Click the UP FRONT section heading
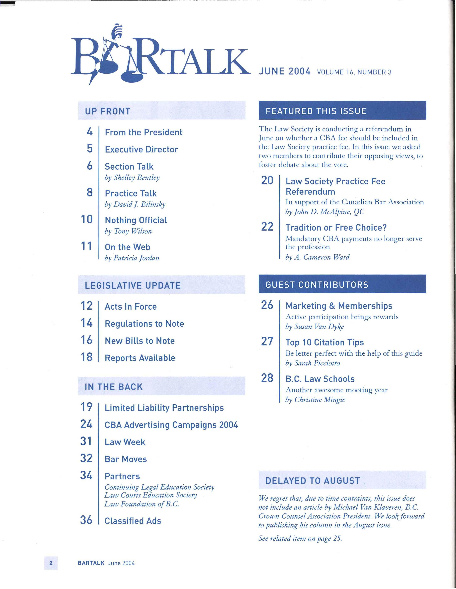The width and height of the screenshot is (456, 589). [x=107, y=111]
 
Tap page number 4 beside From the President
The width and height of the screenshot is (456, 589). [x=90, y=132]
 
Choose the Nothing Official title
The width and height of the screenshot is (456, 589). [x=136, y=220]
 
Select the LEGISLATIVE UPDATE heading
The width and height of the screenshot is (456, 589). [x=132, y=285]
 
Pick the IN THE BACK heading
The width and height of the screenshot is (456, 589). [x=113, y=387]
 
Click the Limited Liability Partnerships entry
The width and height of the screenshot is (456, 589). [x=164, y=408]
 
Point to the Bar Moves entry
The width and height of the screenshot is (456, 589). [x=126, y=459]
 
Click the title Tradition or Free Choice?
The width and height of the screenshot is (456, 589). [x=336, y=228]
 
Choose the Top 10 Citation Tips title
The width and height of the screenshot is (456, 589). [x=325, y=343]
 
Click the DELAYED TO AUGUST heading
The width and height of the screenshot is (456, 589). [x=313, y=481]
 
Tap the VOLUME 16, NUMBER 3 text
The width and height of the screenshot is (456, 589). [x=354, y=72]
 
